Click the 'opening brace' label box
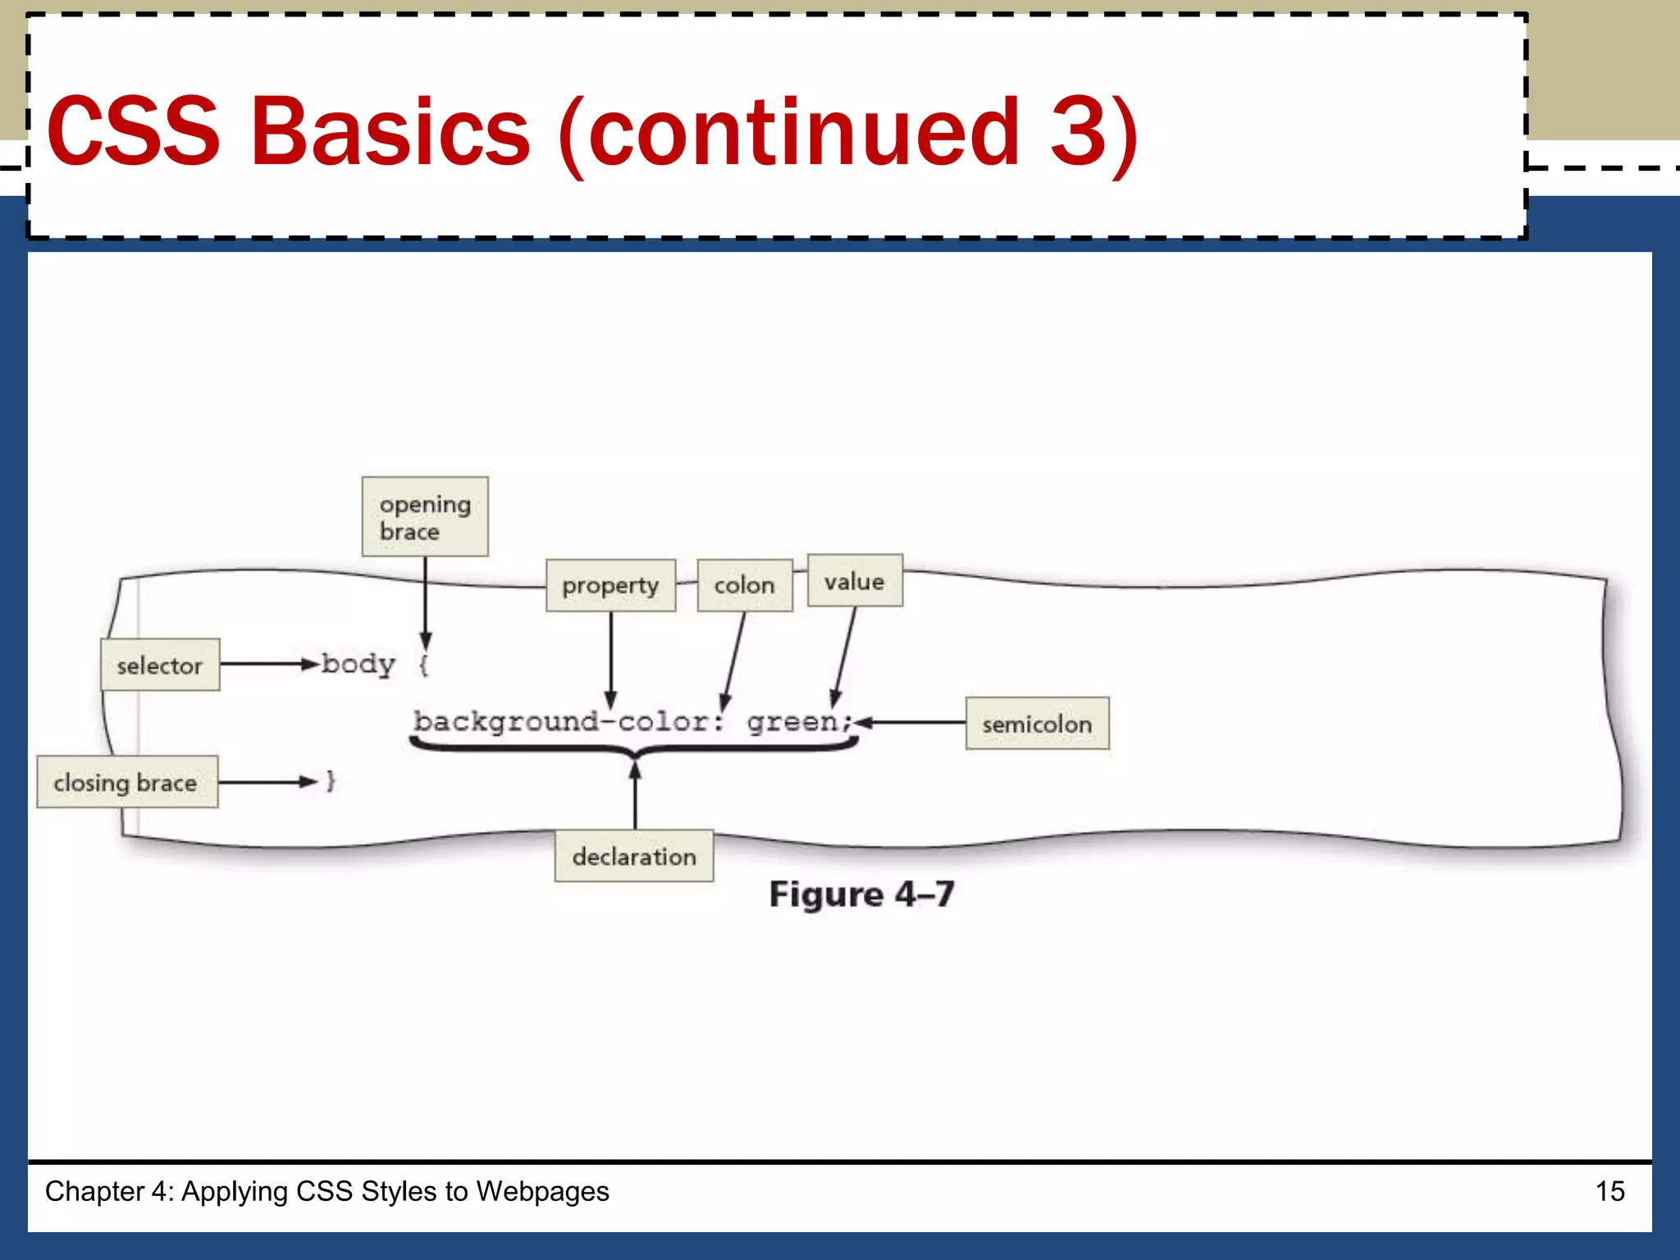[x=425, y=517]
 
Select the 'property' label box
[x=610, y=586]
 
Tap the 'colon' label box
[x=745, y=586]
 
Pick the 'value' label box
[x=855, y=581]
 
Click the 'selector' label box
[x=160, y=665]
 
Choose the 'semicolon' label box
[x=1037, y=724]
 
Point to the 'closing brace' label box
[x=127, y=783]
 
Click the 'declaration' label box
[x=634, y=856]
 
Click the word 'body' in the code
[x=358, y=664]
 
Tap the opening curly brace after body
[x=423, y=664]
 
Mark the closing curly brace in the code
[x=331, y=781]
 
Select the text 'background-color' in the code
[x=566, y=722]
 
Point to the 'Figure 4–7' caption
[x=861, y=894]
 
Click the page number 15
[x=1609, y=1191]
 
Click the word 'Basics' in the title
[x=390, y=131]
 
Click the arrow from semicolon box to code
[x=911, y=723]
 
